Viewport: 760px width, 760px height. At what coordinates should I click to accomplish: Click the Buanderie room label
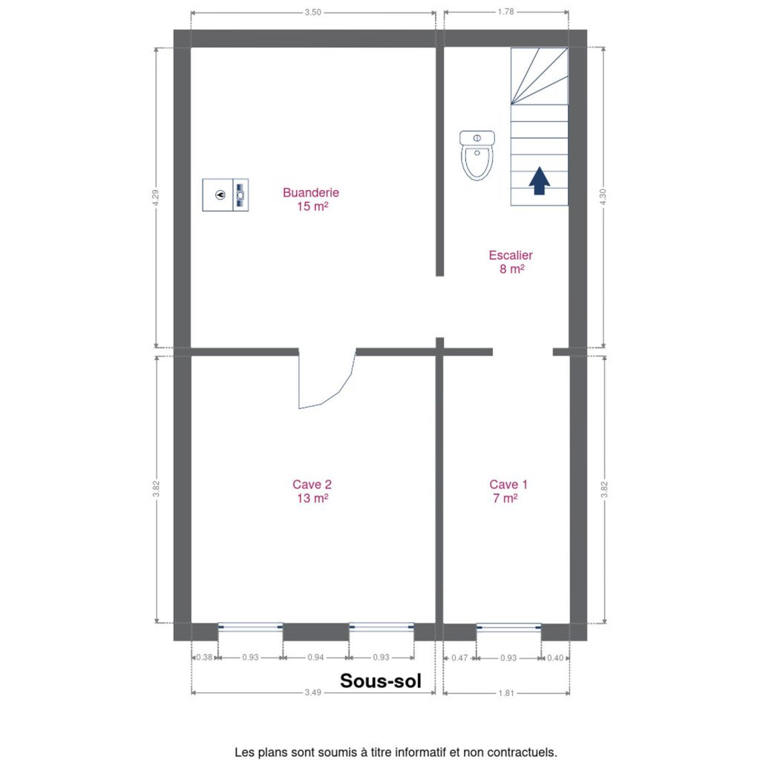[x=311, y=199]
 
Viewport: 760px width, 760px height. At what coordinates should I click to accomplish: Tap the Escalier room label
[x=511, y=262]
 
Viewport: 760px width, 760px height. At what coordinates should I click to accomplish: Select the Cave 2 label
[x=312, y=491]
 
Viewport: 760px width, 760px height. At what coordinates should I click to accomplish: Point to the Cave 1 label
[x=508, y=491]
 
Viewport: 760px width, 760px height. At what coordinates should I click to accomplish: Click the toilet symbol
[x=477, y=155]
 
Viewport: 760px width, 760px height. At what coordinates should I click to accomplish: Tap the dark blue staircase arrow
[x=539, y=181]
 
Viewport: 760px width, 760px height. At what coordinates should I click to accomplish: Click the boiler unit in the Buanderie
[x=226, y=195]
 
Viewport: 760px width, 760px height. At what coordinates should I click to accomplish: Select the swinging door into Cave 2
[x=327, y=379]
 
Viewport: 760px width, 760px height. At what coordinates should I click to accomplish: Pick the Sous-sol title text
[x=381, y=681]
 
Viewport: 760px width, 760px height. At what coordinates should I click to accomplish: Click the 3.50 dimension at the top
[x=312, y=13]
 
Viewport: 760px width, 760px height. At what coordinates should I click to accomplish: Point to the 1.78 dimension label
[x=505, y=12]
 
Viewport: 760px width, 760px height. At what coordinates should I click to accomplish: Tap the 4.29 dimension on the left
[x=156, y=197]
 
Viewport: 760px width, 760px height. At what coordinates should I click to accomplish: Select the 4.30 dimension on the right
[x=603, y=197]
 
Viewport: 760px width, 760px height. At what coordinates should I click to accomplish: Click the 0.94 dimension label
[x=315, y=658]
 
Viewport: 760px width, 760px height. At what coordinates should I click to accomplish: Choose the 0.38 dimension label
[x=204, y=658]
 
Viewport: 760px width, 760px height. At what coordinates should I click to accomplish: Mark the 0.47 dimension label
[x=459, y=658]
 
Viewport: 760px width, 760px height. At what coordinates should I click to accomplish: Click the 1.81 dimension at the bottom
[x=506, y=693]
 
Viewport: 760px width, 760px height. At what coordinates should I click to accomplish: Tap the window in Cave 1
[x=508, y=628]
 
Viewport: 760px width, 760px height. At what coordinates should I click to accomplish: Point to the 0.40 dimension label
[x=555, y=658]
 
